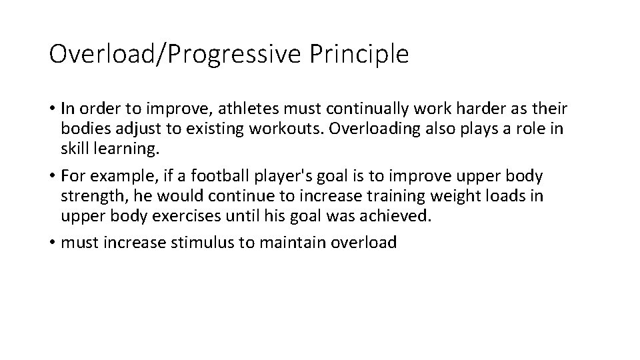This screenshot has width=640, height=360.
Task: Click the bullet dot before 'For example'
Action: [53, 177]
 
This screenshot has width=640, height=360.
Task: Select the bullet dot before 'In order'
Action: [53, 109]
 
